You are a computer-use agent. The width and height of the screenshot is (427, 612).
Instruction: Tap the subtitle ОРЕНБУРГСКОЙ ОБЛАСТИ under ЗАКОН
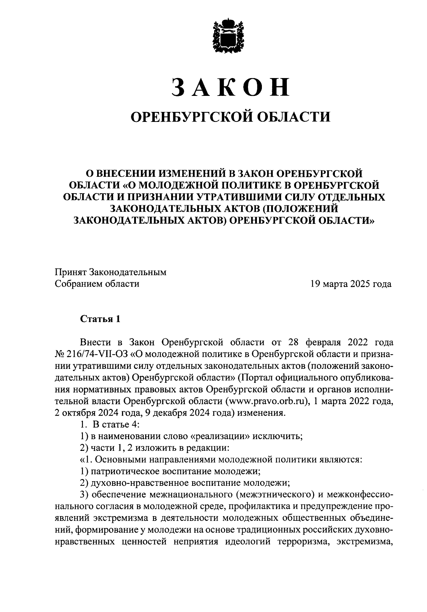click(x=231, y=116)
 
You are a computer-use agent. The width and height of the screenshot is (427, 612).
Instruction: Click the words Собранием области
click(x=97, y=284)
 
